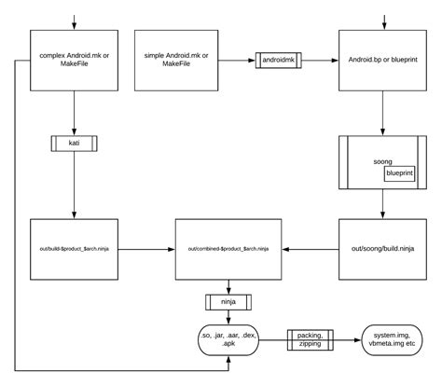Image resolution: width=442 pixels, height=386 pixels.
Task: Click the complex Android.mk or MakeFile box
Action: click(x=73, y=62)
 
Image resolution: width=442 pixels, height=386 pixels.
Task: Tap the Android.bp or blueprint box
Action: click(x=381, y=62)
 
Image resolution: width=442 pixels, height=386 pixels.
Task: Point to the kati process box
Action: click(x=73, y=144)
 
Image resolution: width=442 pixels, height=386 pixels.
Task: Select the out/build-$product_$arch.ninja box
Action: click(x=73, y=250)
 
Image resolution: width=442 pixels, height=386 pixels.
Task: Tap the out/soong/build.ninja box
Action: click(x=381, y=250)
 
